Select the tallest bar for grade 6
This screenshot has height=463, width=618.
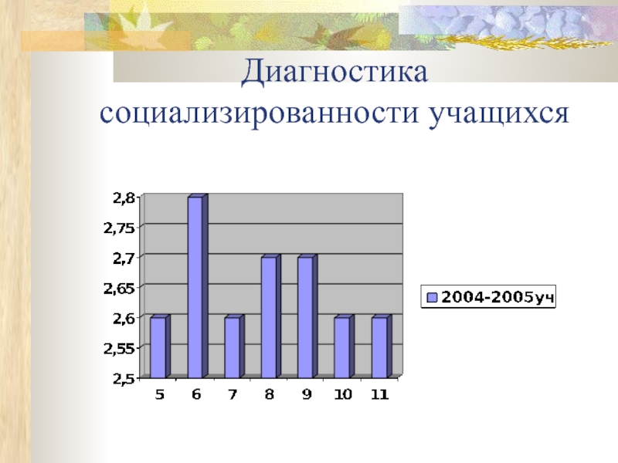coord(195,287)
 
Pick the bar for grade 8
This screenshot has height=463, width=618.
coord(268,317)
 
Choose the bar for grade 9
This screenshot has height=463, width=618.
coord(305,317)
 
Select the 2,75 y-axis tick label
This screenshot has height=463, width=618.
coord(121,228)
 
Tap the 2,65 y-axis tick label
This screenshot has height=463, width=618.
coord(121,288)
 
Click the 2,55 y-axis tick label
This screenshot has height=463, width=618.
coord(121,348)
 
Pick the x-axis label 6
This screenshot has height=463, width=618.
coord(196,394)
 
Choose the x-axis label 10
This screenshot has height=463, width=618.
coord(342,394)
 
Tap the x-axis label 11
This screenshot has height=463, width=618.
coord(379,394)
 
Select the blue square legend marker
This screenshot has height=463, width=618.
coord(432,297)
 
